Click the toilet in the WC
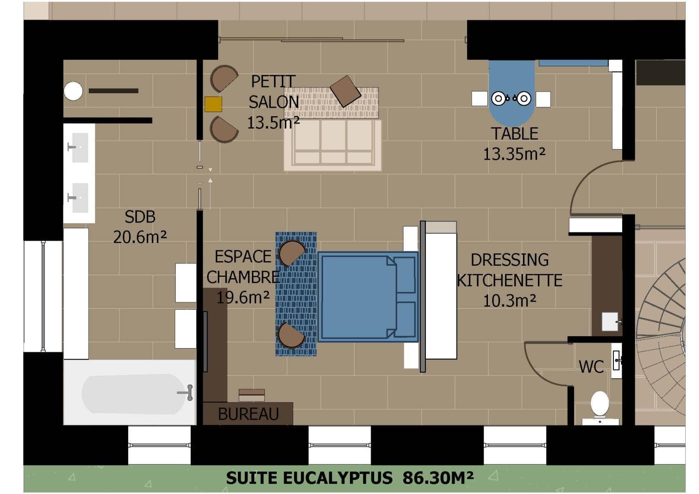(x=600, y=407)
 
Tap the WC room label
(x=591, y=367)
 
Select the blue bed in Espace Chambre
(x=368, y=297)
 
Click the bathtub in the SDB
(x=129, y=392)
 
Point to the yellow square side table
(x=213, y=104)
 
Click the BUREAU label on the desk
(x=248, y=414)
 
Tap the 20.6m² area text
(x=140, y=237)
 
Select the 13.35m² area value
(x=514, y=154)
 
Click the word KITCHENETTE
(x=510, y=280)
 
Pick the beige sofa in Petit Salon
(x=333, y=145)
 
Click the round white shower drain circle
(x=73, y=91)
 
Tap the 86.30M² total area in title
(x=438, y=478)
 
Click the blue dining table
(x=512, y=93)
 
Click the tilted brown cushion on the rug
(x=345, y=91)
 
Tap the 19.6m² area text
(x=243, y=297)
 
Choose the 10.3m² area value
(x=510, y=301)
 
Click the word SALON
(x=274, y=102)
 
